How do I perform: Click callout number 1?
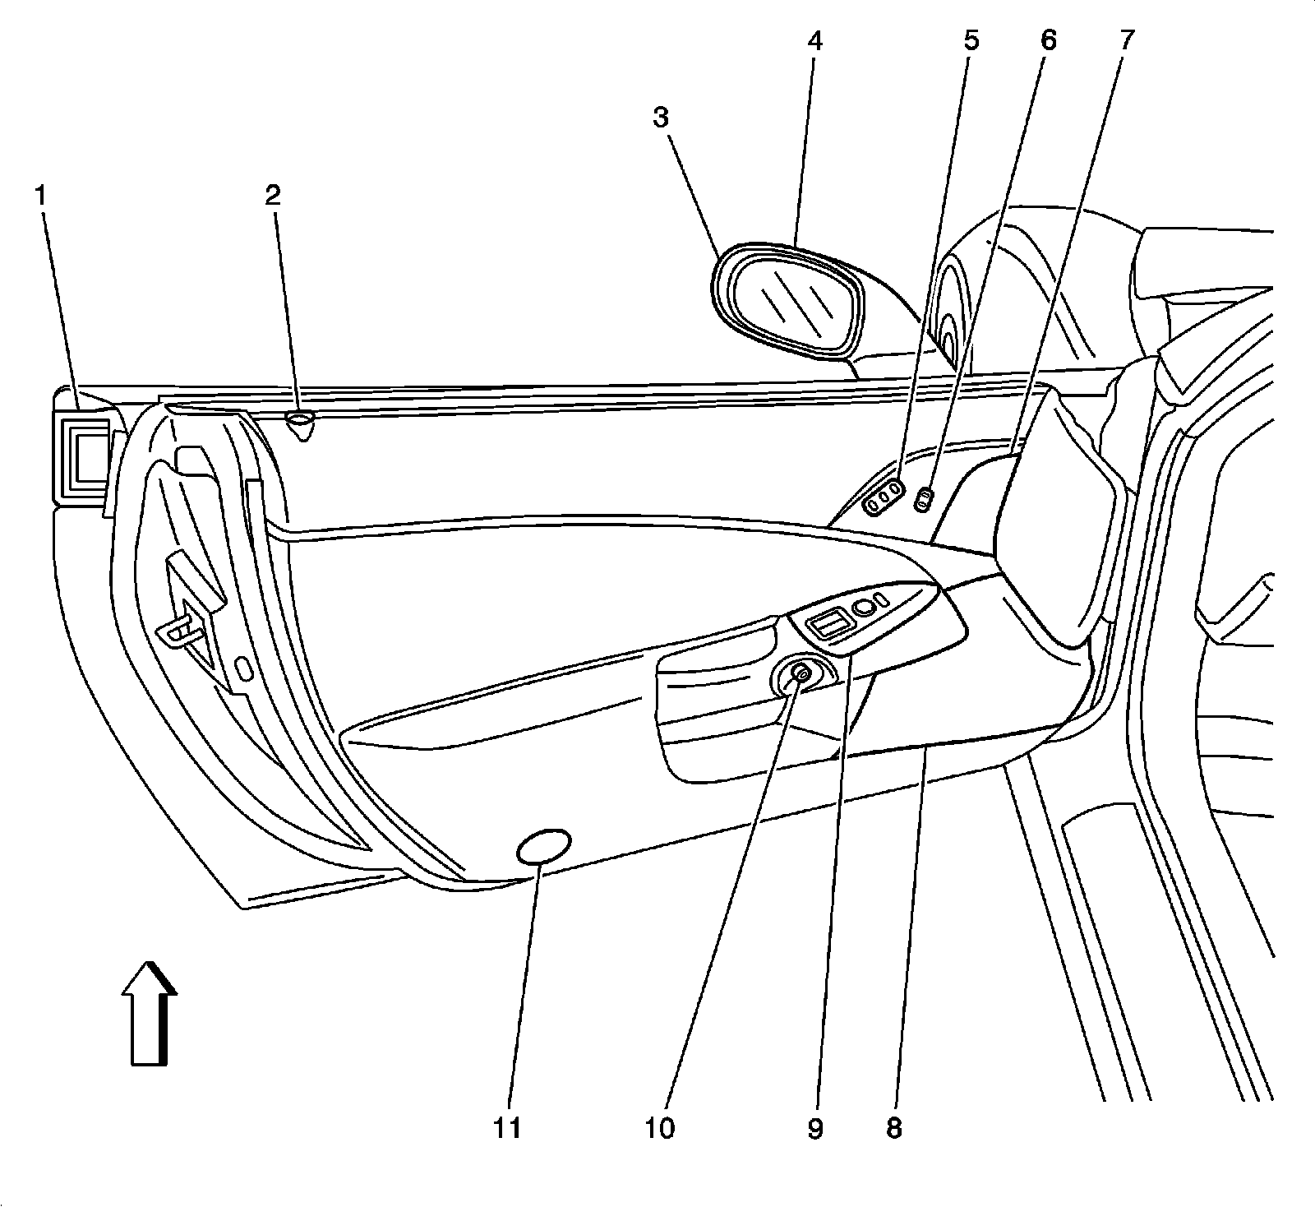click(x=39, y=197)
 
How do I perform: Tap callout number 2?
click(x=272, y=196)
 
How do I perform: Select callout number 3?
click(x=661, y=118)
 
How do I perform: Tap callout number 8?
click(x=893, y=1128)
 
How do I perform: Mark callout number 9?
click(x=814, y=1128)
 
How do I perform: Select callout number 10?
click(x=660, y=1128)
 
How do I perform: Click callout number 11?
click(x=507, y=1128)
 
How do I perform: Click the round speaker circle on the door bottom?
click(x=544, y=847)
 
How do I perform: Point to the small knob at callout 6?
click(x=925, y=498)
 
